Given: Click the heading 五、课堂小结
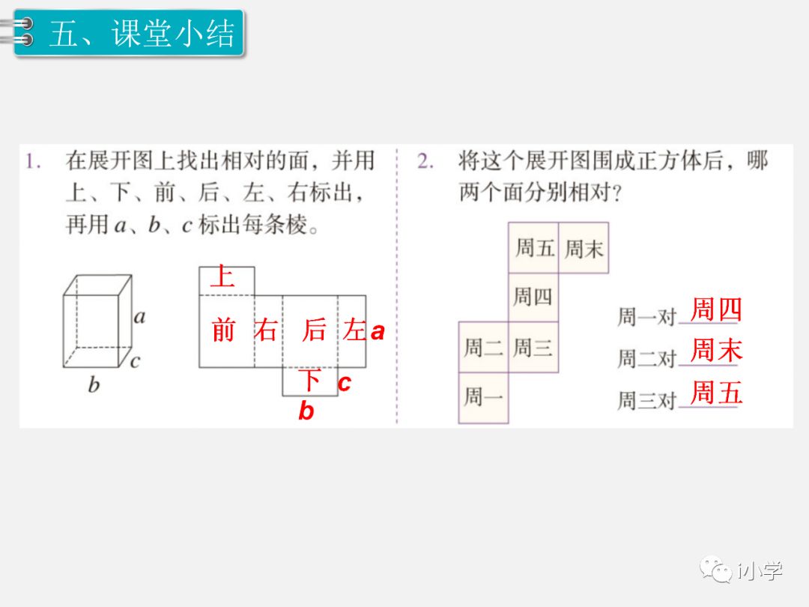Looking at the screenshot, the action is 142,34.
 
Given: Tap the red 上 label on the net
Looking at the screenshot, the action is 222,277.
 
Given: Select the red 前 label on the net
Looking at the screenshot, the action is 223,330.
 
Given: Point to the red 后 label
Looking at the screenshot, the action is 315,330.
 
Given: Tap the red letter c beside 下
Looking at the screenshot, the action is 344,383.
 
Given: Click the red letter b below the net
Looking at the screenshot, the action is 306,411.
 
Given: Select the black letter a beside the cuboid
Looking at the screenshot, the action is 139,316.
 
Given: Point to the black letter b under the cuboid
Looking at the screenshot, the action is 94,385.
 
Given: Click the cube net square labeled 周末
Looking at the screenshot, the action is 584,248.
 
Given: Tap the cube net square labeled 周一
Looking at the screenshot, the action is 483,398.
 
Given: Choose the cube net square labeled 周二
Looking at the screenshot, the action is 483,348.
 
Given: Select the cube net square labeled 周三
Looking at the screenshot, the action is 533,348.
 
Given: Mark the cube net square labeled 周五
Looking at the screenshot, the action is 533,248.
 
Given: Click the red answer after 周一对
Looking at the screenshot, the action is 715,309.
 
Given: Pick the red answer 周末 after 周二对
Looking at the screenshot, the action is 715,351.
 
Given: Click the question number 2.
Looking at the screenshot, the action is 425,161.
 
